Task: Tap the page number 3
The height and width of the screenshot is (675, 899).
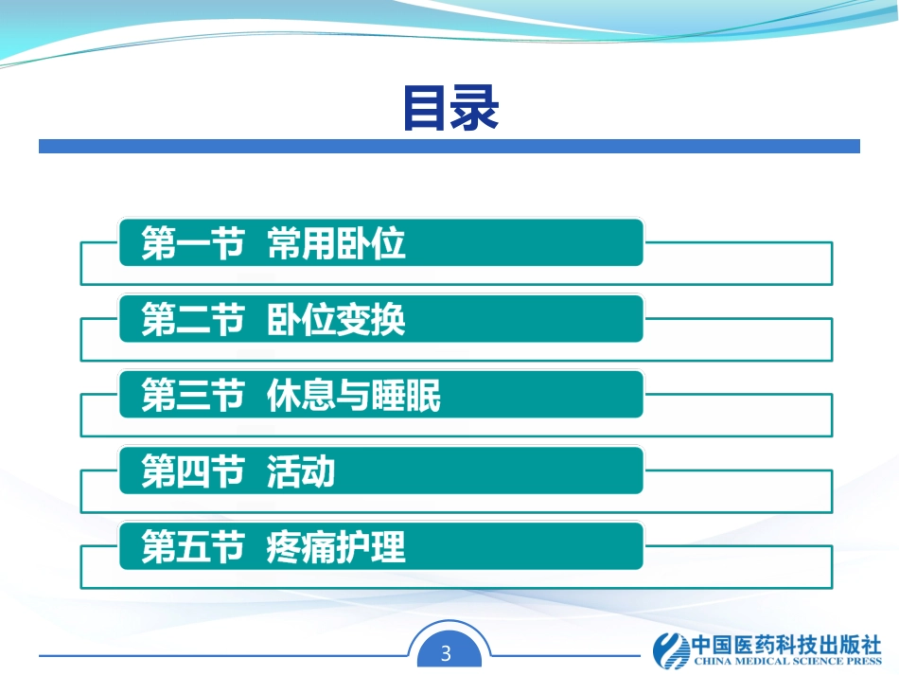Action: [x=448, y=653]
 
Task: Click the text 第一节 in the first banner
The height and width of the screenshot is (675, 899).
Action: [x=192, y=244]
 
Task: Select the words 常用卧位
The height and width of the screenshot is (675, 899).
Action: [x=337, y=244]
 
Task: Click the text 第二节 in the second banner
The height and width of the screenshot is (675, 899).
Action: [x=192, y=320]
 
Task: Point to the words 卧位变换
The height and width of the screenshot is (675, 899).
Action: [x=337, y=320]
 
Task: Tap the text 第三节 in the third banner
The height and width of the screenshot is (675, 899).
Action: [x=192, y=396]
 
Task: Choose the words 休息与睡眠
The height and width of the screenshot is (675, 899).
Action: [x=354, y=396]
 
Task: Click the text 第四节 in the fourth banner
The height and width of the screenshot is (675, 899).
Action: [x=192, y=471]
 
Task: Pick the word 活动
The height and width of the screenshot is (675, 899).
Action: [x=301, y=471]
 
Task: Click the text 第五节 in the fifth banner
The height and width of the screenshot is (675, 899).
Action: [x=192, y=547]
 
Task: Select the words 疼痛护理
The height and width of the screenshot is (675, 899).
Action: [x=337, y=547]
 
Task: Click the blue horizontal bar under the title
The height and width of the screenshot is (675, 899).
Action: [x=449, y=147]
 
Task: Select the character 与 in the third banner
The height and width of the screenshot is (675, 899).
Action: [x=354, y=396]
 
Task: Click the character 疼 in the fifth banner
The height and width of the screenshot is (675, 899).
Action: [x=285, y=547]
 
